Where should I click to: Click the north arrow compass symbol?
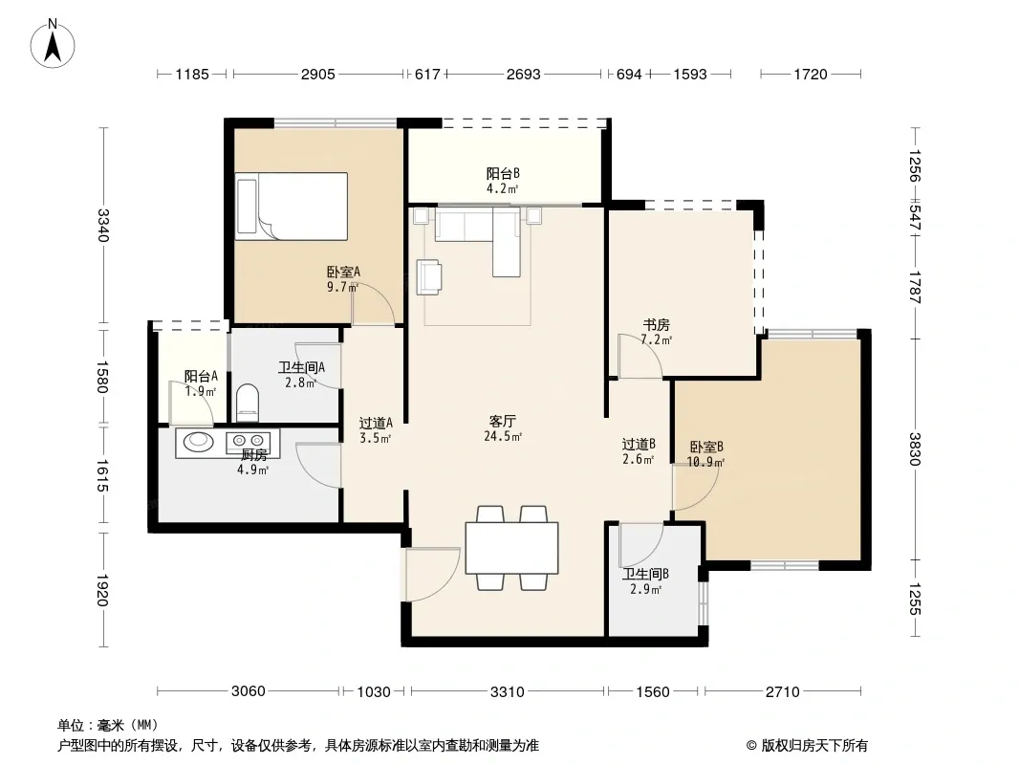[53, 43]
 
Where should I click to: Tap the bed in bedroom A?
[292, 206]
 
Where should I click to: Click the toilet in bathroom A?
[247, 403]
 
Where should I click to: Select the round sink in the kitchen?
[198, 442]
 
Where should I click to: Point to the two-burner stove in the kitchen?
[248, 442]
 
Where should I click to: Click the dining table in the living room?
[511, 547]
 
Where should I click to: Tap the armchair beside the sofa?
[429, 277]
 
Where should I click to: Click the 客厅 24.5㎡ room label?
[503, 428]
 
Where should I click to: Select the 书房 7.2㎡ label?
[656, 332]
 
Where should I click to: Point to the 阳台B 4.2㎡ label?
[503, 181]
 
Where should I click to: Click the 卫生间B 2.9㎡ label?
[644, 581]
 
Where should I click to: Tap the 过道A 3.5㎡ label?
[376, 430]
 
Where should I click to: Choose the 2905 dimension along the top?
[317, 74]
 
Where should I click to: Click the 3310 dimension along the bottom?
[507, 691]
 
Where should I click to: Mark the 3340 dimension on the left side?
[102, 224]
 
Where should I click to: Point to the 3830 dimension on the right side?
[915, 449]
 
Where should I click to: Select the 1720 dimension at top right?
[811, 74]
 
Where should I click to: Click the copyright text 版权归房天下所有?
[814, 746]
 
